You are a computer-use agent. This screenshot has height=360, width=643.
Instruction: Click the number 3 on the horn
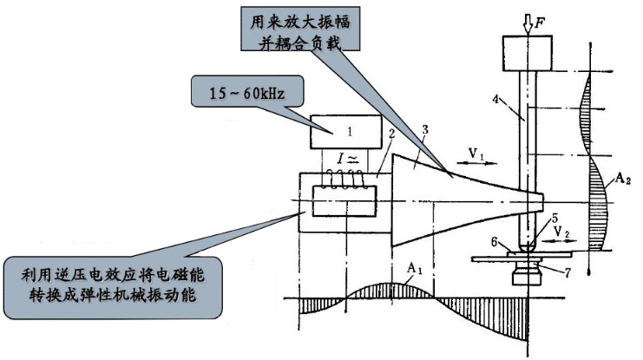pyautogui.click(x=424, y=132)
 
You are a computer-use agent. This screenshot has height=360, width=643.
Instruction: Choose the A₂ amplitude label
pyautogui.click(x=620, y=180)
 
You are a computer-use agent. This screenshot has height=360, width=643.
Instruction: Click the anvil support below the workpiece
pyautogui.click(x=528, y=274)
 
